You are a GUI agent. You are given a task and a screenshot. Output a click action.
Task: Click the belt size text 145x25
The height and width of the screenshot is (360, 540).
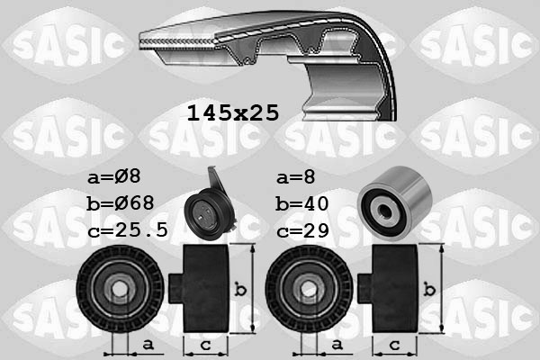point(232,112)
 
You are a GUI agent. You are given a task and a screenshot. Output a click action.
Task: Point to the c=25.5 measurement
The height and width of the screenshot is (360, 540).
point(129,229)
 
